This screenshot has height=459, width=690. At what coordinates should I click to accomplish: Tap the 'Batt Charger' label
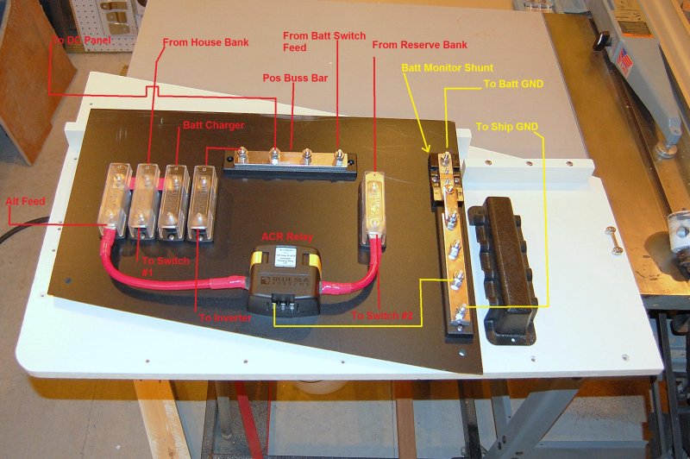213,126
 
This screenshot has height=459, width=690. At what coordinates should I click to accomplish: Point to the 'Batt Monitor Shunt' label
447,66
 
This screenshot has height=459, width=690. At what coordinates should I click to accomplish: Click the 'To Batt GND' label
515,85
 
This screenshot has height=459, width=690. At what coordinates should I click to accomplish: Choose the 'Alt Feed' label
26,200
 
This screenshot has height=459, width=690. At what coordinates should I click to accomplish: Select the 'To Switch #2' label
383,317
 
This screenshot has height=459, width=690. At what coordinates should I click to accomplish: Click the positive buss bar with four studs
290,160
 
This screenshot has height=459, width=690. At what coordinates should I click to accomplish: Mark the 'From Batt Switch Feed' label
313,41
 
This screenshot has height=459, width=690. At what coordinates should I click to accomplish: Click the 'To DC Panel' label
82,40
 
